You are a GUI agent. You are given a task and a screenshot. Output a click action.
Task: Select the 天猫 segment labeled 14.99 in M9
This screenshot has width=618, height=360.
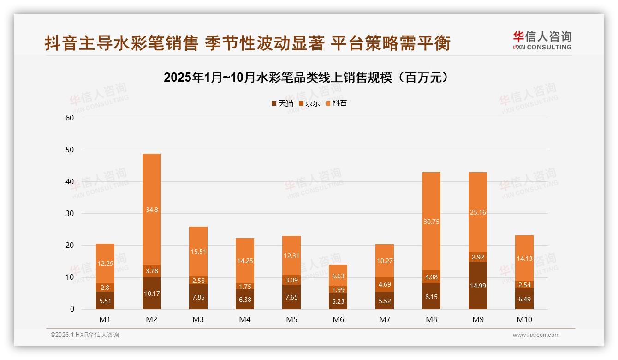pos(478,285)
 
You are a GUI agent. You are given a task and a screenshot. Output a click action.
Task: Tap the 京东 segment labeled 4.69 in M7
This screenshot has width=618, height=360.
pos(385,284)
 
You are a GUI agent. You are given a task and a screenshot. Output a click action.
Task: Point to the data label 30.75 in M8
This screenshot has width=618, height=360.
pos(431,222)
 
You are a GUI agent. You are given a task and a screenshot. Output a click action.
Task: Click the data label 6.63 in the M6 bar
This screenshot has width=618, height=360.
pos(338,276)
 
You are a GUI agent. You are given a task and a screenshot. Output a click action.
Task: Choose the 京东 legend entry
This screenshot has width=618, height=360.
pos(309,103)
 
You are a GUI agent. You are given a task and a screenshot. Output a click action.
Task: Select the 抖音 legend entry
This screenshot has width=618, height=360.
pos(337,103)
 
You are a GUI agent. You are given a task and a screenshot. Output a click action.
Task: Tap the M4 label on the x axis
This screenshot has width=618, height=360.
pos(245,319)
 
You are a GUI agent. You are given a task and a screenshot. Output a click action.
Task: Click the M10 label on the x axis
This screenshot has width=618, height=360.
pos(524,319)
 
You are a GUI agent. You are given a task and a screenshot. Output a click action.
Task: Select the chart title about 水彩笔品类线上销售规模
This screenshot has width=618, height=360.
pos(306,78)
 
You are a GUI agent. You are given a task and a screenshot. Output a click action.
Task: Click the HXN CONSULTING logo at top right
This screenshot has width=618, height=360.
pos(542,41)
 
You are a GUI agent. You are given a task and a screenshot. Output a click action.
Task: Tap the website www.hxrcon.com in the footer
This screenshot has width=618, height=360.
pos(536,335)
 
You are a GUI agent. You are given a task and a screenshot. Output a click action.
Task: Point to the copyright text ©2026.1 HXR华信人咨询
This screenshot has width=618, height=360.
pos(85,335)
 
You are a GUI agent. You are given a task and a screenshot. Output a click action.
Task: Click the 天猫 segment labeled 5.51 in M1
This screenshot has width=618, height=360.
pos(105,300)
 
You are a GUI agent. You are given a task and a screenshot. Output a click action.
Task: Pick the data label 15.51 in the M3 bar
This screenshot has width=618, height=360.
pos(198,252)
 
